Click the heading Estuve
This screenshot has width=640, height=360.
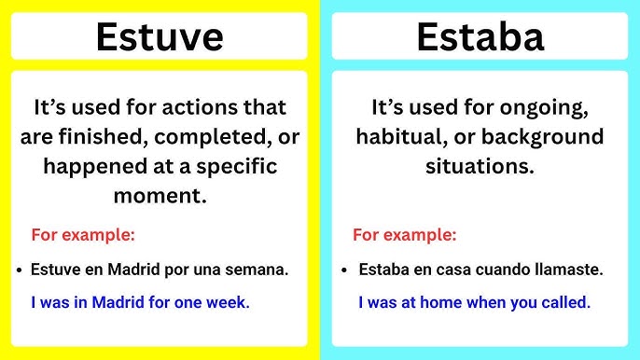[160, 36]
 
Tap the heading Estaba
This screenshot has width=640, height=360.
[480, 36]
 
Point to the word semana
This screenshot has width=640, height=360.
[259, 270]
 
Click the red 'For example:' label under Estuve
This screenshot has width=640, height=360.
[83, 235]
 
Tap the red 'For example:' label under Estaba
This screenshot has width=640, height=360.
[405, 235]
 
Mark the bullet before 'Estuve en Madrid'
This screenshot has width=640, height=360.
[20, 271]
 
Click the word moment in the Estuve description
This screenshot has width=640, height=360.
[155, 197]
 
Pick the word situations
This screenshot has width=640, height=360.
[480, 167]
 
